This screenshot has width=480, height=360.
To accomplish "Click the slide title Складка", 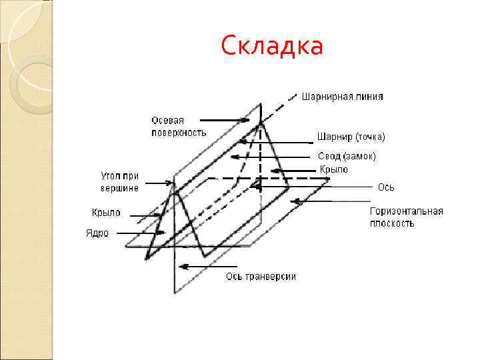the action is (271, 47).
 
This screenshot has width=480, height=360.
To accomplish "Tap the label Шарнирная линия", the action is (343, 96).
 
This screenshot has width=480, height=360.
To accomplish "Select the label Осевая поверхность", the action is (178, 126).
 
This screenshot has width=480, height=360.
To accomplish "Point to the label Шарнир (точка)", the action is (351, 137).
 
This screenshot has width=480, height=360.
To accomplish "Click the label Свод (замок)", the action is (347, 156).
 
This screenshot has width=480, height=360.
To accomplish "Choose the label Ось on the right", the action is (386, 187).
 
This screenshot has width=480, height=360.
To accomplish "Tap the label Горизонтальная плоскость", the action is (407, 217).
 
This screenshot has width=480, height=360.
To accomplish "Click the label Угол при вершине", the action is (120, 182).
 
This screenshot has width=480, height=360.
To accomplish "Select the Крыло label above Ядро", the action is (106, 213).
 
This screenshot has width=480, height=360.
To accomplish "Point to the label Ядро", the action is (97, 233).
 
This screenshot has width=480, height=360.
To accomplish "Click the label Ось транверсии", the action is (261, 276).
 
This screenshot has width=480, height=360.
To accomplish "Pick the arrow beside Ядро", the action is (137, 233).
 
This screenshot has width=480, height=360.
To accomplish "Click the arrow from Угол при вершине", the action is (159, 182).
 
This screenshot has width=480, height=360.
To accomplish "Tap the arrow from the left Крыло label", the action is (146, 215).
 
